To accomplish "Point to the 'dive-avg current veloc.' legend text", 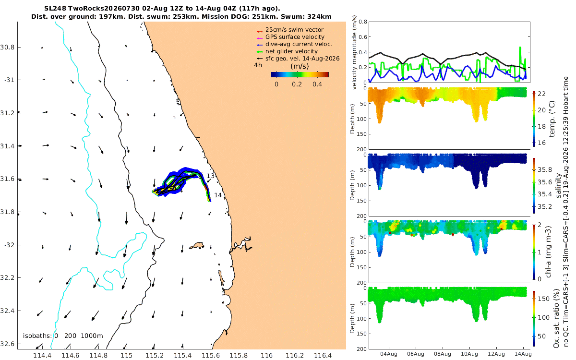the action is [299, 44].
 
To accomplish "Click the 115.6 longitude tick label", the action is [211, 356].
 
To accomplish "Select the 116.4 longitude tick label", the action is [323, 356].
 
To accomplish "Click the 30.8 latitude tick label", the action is [7, 48].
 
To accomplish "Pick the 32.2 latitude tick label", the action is [7, 278].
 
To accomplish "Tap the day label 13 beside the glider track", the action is [210, 176].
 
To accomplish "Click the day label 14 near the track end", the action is [218, 195].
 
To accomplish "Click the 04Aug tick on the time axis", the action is [388, 354].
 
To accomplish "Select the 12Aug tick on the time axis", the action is [496, 354].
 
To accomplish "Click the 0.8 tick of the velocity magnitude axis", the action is [363, 22].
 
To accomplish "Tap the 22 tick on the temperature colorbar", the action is [542, 94].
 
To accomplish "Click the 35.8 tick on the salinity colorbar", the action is [545, 170].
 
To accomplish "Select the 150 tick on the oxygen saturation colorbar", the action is [543, 299].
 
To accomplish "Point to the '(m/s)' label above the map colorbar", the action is [300, 66].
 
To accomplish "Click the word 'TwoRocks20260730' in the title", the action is [104, 9].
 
